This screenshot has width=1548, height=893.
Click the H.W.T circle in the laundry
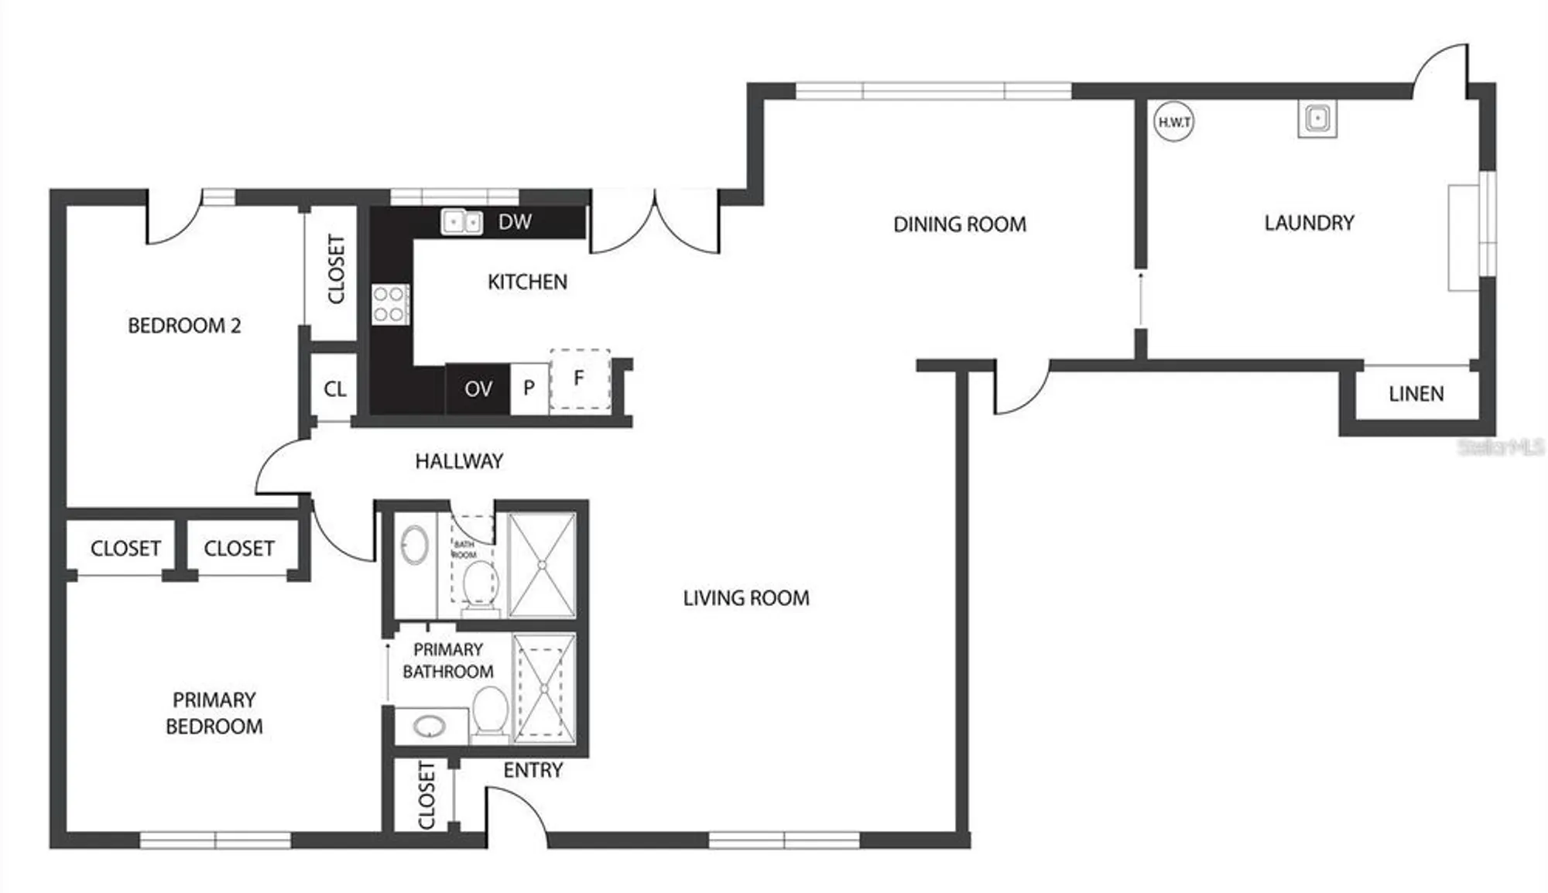point(1173,122)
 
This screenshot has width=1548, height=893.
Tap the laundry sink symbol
point(1317,119)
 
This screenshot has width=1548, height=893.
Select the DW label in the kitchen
point(515,222)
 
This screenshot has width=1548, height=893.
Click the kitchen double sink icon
point(461,222)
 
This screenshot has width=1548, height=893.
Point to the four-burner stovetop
point(389,303)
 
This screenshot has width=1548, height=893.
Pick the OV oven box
point(478,388)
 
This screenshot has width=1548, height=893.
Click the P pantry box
point(529,388)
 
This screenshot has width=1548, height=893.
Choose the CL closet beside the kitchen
point(334,388)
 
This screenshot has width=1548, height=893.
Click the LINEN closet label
point(1416,394)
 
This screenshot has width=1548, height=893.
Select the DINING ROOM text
point(960,224)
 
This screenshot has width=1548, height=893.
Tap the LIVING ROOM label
point(746,598)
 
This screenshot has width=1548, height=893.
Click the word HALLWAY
point(459,461)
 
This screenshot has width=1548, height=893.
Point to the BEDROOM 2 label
point(184,326)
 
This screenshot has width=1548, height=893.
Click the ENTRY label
point(533,770)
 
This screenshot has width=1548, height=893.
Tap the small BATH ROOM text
point(464,549)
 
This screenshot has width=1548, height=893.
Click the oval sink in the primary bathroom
point(429,726)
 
